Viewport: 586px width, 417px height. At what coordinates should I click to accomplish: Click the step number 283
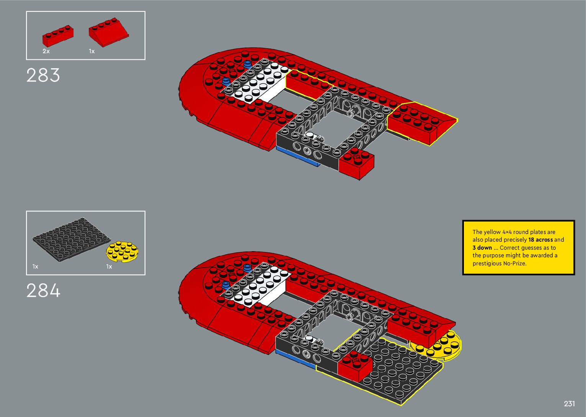click(x=43, y=75)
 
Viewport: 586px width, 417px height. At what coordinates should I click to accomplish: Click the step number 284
click(x=43, y=291)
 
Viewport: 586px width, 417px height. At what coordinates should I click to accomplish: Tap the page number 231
click(x=569, y=404)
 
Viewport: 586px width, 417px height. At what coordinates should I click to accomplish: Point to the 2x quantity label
click(x=46, y=51)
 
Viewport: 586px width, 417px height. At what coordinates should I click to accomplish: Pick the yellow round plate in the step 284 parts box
click(x=122, y=252)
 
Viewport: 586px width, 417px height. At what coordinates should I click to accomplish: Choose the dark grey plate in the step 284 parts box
click(x=70, y=240)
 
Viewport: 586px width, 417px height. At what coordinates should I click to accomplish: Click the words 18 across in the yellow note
click(x=540, y=240)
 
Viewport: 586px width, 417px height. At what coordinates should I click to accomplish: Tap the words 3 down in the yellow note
click(x=482, y=248)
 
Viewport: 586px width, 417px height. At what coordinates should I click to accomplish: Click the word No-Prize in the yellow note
click(x=514, y=263)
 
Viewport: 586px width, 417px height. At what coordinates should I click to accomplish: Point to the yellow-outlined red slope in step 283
click(x=421, y=123)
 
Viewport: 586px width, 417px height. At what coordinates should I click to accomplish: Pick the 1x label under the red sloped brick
click(x=92, y=51)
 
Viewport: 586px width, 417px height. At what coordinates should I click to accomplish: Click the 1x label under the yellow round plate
click(x=109, y=267)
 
